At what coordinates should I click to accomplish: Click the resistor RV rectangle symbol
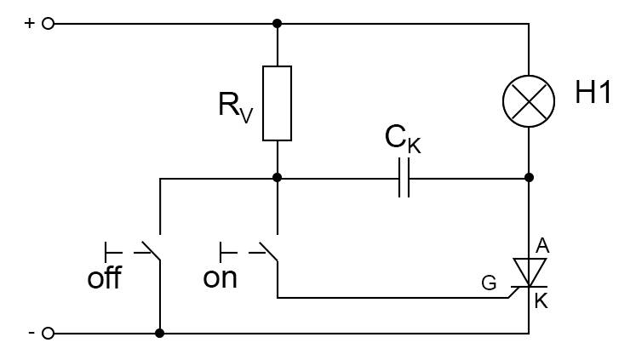point(278,102)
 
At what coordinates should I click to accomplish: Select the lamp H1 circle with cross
point(529,101)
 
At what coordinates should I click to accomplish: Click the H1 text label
point(593,94)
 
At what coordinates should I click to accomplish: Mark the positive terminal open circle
point(48,23)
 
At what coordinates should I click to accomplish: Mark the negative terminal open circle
point(48,333)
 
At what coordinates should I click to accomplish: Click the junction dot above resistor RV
point(278,23)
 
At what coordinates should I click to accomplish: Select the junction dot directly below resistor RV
point(278,179)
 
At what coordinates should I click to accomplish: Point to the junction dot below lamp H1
point(529,179)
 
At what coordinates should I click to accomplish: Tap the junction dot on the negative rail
point(160,333)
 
